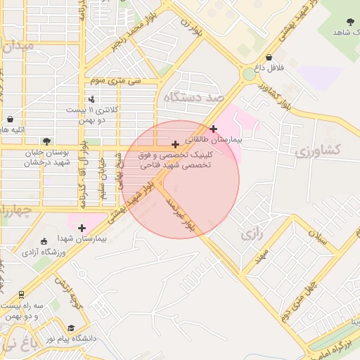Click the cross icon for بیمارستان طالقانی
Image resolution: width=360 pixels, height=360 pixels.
213,129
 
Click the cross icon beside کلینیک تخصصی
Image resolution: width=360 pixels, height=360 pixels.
175,144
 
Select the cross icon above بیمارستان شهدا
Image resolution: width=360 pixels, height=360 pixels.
82,228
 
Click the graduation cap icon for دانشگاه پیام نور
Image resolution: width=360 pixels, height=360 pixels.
70,328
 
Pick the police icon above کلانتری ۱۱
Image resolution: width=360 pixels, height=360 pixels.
91,99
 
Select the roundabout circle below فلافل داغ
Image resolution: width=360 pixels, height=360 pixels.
250,74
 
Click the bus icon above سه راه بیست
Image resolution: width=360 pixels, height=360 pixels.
21,295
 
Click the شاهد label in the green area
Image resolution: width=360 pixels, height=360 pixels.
343,32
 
